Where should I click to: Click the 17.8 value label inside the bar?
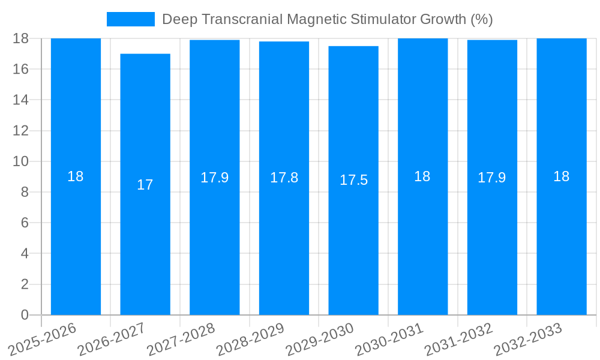284,178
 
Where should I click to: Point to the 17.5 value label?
353,180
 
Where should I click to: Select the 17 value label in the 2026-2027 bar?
145,185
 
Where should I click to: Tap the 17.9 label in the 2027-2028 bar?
214,178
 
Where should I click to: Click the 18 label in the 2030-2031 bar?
422,176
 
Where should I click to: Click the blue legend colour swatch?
130,19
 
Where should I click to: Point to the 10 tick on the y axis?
20,161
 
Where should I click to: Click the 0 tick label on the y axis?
25,315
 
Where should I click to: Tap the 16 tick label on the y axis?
20,69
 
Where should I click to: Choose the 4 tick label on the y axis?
25,253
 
